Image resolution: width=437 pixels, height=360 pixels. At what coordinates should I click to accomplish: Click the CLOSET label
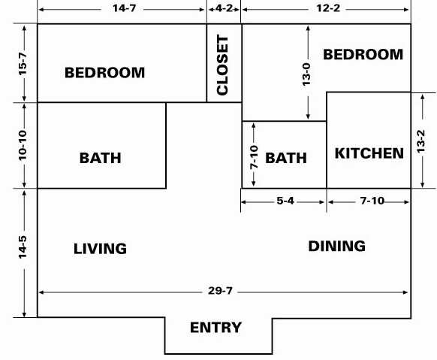pos(222,65)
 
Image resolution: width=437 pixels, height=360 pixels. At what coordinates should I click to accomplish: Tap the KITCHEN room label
pos(369,153)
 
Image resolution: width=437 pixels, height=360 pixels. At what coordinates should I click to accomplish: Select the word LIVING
pos(100,249)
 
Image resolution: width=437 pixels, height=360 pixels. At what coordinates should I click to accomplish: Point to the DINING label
pos(336,246)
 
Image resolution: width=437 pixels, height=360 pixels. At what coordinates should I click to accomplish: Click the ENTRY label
pos(215,328)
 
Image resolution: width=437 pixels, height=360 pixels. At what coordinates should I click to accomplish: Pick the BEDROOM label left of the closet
pos(105,72)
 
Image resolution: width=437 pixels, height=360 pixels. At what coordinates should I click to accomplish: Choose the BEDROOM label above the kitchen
pos(363,54)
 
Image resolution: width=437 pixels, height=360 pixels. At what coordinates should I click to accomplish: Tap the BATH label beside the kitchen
pos(286,158)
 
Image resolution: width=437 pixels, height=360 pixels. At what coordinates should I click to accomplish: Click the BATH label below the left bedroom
pos(101,158)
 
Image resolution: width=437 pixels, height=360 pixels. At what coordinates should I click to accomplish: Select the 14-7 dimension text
pos(125,8)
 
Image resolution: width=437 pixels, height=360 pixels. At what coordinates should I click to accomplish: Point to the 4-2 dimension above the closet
pos(224,8)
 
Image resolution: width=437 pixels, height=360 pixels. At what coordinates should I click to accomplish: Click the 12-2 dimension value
pos(328,8)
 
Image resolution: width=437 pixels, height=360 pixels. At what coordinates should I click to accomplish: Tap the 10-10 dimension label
pos(23,145)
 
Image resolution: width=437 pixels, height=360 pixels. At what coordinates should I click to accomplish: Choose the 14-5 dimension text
pos(23,247)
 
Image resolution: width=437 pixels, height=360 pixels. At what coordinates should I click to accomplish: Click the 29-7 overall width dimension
pos(220,291)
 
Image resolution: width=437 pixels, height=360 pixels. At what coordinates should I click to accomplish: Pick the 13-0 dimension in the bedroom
pos(306,74)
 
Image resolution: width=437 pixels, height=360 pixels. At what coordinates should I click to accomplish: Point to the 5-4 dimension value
pos(285,201)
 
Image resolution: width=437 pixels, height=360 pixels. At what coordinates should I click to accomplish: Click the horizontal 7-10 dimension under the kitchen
pos(372,201)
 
